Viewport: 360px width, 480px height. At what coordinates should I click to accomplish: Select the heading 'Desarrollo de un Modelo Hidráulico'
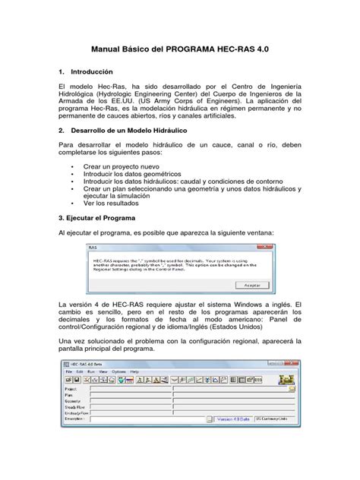click(x=124, y=130)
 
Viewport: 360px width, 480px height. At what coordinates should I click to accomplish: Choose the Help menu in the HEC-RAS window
click(x=135, y=371)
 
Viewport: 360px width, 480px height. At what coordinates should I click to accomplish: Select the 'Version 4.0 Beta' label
click(x=232, y=418)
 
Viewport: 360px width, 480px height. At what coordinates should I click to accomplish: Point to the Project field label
click(x=71, y=387)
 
